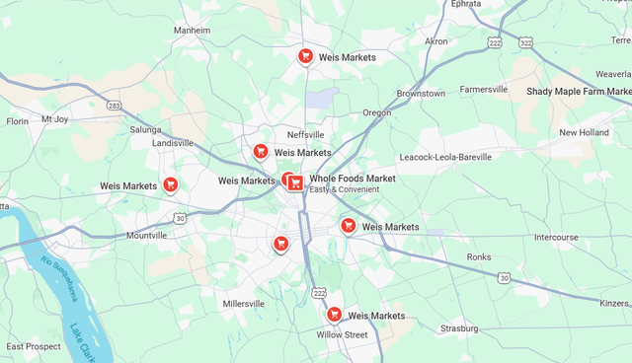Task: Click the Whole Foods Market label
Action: [x=353, y=179]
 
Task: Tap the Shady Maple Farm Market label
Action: [x=579, y=91]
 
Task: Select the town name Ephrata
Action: [x=466, y=4]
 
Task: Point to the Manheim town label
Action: [x=192, y=31]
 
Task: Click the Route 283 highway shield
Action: [x=115, y=106]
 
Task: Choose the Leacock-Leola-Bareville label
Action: [x=445, y=157]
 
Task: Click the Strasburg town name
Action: [x=459, y=328]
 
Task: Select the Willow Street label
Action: [x=342, y=335]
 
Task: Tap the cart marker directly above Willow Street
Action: [x=334, y=315]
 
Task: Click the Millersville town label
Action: [x=244, y=304]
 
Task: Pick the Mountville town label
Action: [x=147, y=236]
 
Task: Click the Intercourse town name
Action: [x=556, y=238]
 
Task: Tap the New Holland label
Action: [x=584, y=132]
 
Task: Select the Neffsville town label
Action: [x=305, y=134]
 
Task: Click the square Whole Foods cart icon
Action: [x=296, y=182]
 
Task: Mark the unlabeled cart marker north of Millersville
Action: [x=280, y=244]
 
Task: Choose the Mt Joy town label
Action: [x=54, y=119]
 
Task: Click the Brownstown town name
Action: [x=421, y=94]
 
